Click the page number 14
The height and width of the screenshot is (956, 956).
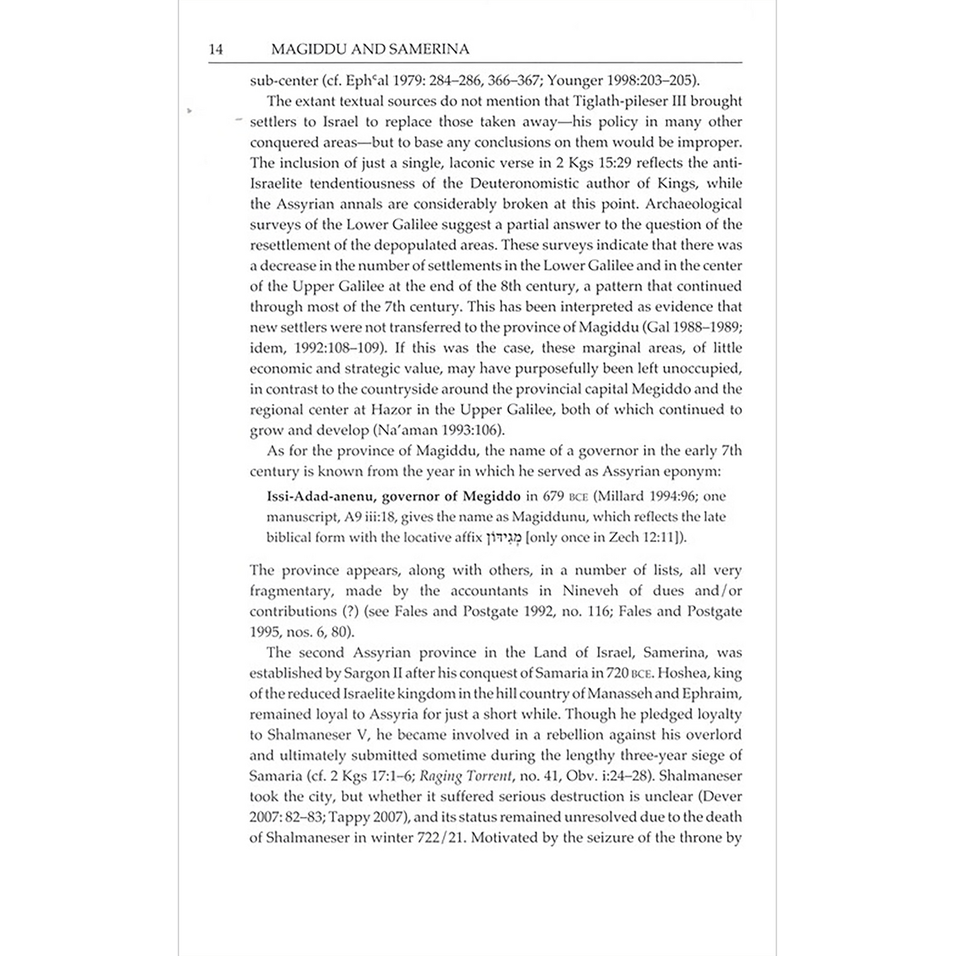coord(216,50)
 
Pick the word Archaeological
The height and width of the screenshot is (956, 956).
coord(693,204)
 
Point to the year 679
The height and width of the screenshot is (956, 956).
coord(553,496)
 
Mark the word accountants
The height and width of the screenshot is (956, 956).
coord(490,591)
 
